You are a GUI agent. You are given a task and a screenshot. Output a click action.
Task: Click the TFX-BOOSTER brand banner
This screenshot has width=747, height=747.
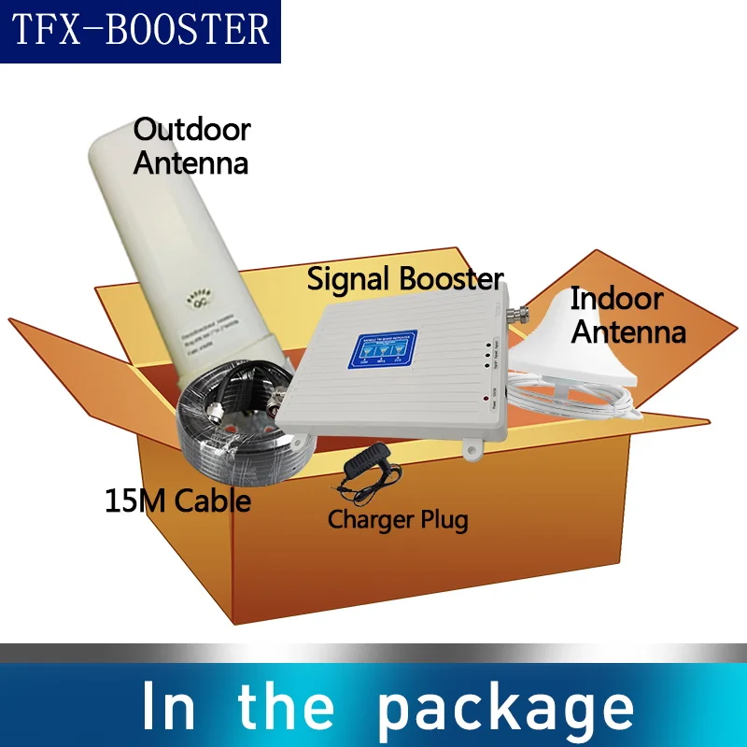coord(140,31)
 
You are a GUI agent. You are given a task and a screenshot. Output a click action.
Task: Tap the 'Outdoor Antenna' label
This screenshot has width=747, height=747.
coord(191,147)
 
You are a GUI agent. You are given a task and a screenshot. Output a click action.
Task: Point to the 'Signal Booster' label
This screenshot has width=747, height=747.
coord(404,278)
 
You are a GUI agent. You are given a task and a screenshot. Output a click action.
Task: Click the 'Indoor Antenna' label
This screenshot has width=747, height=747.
coord(627,315)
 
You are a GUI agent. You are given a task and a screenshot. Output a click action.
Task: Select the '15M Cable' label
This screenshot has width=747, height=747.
coord(177,500)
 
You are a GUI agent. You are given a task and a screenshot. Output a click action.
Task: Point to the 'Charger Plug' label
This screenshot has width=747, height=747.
coord(398,519)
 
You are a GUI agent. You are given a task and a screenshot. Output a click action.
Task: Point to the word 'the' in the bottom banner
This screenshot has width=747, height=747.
coord(285,707)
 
